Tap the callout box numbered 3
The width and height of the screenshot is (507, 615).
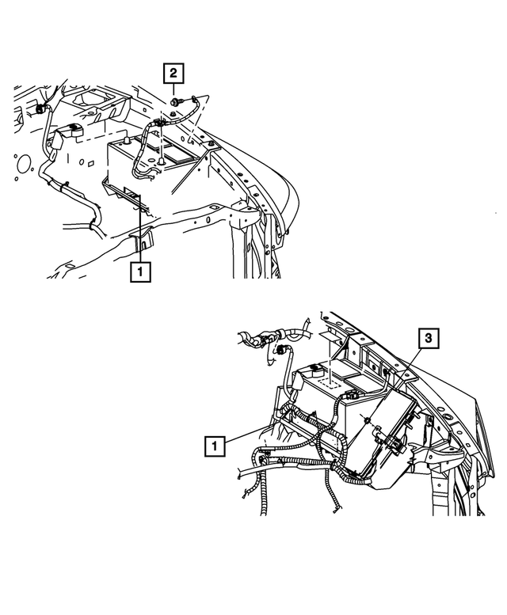click(x=427, y=339)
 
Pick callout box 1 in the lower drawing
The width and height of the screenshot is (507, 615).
click(x=215, y=446)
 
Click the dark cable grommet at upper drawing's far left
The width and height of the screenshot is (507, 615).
click(x=39, y=108)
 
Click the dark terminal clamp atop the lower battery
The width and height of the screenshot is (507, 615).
click(x=314, y=368)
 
